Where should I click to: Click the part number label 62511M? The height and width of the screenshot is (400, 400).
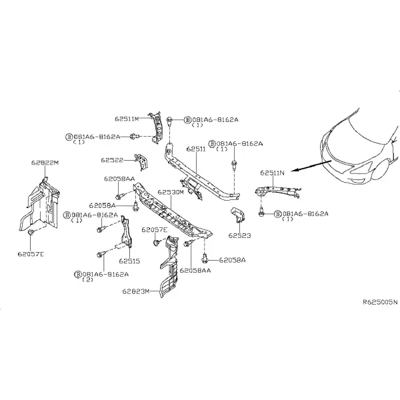(x=127, y=119)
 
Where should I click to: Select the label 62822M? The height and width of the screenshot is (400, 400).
(x=45, y=163)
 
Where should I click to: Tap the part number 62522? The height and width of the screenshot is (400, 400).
(x=112, y=160)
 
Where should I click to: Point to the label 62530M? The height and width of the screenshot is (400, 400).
(x=171, y=192)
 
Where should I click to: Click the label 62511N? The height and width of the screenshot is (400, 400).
(x=272, y=173)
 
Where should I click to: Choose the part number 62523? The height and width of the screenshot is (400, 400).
(x=239, y=235)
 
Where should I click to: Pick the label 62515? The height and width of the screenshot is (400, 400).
(x=129, y=261)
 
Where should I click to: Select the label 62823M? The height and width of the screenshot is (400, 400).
(x=136, y=291)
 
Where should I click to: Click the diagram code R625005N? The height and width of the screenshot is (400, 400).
(x=380, y=302)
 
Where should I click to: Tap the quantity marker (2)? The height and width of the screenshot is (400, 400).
(x=88, y=280)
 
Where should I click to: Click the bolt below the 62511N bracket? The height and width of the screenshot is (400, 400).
(x=261, y=213)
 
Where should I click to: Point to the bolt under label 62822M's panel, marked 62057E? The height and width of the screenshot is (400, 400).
(x=31, y=232)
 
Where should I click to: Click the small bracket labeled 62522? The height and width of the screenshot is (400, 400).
(x=142, y=161)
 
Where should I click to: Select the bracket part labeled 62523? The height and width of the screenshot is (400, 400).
(x=238, y=215)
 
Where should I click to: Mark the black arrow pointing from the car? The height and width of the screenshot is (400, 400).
(x=311, y=166)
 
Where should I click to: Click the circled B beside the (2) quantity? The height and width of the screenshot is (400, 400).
(x=77, y=275)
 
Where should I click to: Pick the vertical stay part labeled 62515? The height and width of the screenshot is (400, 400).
(x=127, y=232)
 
